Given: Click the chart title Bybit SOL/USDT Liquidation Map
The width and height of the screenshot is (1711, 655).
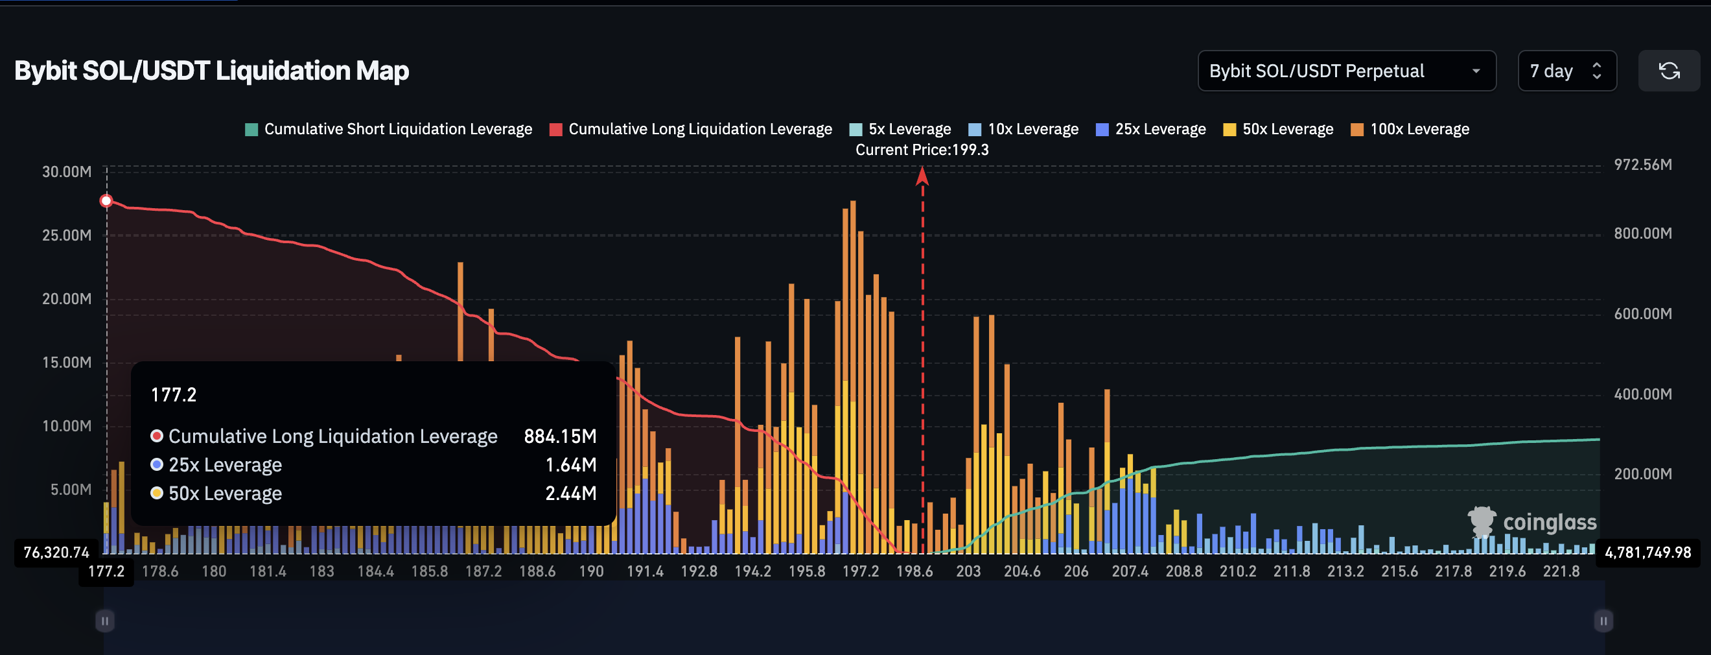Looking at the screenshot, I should [211, 71].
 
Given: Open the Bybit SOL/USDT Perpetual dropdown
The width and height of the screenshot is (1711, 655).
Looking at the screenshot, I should [1345, 71].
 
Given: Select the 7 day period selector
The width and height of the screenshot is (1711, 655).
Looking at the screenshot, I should [1566, 71].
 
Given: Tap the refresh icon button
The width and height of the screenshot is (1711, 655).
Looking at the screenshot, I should [1668, 71].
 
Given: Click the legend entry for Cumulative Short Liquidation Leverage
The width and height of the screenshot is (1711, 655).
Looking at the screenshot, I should [389, 129].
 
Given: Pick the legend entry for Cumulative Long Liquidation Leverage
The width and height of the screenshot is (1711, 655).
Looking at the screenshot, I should [691, 129].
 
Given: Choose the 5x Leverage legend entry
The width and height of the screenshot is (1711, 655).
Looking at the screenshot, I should [900, 129].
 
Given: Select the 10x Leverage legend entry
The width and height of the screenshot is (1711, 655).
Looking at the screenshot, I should [1023, 129].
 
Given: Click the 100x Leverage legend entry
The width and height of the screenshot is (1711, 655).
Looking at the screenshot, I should [1410, 129].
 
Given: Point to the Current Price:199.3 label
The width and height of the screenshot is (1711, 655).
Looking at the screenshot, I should [922, 149].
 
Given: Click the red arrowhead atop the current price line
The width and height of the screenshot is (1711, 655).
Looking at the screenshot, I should [922, 176].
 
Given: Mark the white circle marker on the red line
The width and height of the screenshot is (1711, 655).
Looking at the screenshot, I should [106, 200].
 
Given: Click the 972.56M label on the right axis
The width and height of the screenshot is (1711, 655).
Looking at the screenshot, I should [1642, 165].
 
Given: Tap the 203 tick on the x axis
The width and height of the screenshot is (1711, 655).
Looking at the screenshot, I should [968, 571].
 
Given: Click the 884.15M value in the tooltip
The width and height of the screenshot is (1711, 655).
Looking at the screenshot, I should [560, 436].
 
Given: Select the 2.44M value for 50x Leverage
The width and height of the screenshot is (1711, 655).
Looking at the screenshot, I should [570, 493].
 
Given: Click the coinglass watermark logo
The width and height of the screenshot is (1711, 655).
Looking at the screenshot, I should [1531, 522].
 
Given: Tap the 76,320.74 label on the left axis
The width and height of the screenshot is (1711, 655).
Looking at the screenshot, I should [56, 552].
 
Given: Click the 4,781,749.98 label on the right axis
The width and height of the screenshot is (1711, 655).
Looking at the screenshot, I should [1648, 552].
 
